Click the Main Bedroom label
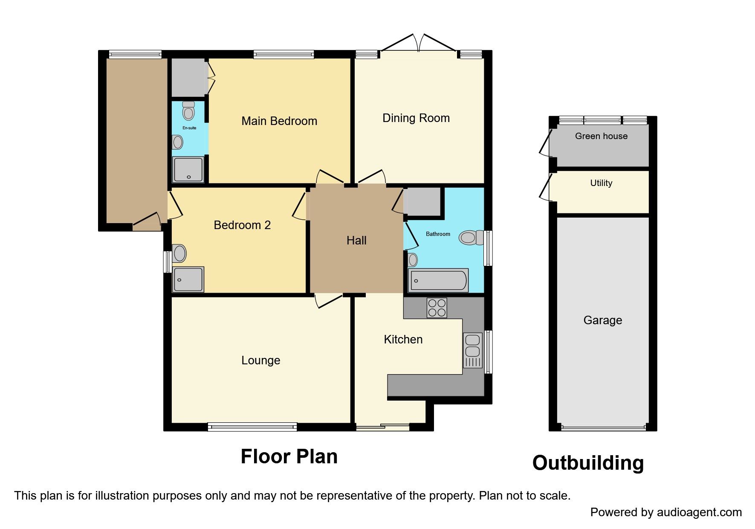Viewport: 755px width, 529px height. pos(279,121)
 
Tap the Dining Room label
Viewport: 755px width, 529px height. pos(416,118)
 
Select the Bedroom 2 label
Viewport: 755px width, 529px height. pos(242,225)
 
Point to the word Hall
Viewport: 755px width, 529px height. pos(356,241)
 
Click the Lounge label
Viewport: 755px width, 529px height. pos(261,360)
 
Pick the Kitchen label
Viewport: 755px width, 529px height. pos(403,340)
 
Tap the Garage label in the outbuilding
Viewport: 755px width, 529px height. pos(603,320)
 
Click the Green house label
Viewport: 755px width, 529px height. pos(601,136)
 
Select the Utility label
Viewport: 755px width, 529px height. pos(601,183)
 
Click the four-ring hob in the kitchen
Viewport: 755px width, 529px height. pos(437,308)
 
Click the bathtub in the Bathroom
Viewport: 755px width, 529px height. pos(438,280)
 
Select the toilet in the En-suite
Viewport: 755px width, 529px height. pos(188,111)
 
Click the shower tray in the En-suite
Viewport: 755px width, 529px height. pos(188,169)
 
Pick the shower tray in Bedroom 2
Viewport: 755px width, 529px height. pos(188,279)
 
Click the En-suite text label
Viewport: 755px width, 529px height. pos(189,128)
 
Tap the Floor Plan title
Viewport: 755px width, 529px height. pos(289,456)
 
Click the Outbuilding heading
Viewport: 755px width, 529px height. pos(588,463)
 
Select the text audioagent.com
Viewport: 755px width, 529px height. pos(699,512)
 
